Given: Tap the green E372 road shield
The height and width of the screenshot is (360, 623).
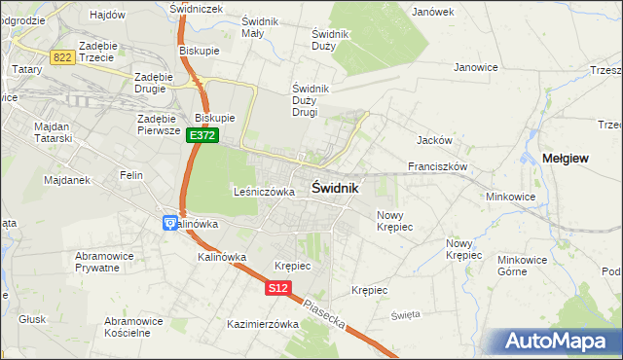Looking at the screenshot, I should (202, 136).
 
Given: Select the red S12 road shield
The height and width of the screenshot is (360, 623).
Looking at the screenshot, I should (278, 288).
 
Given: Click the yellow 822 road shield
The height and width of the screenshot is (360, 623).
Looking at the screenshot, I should (63, 57).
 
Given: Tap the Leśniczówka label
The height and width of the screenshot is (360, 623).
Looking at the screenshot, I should (264, 193).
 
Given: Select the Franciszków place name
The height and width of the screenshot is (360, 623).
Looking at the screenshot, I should (439, 166).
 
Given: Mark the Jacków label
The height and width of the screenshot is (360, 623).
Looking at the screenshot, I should (432, 140).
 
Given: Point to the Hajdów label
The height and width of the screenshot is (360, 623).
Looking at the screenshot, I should (108, 15).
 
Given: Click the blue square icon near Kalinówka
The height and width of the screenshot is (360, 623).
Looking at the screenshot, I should (168, 224).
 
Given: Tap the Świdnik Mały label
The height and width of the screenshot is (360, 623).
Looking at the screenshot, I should (260, 27).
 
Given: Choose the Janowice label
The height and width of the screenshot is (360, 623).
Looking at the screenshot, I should (476, 67).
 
